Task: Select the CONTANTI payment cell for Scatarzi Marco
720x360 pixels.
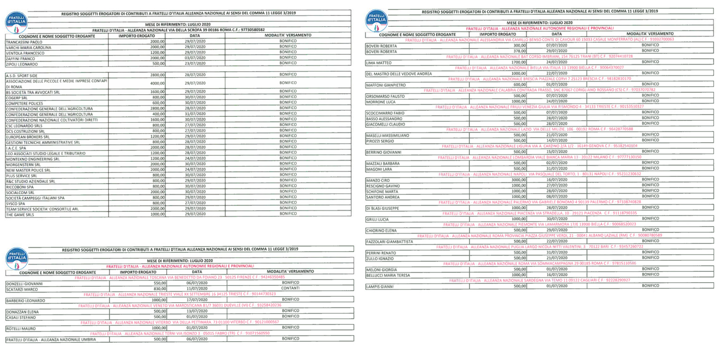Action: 290,289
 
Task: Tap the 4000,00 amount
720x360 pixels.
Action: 157,83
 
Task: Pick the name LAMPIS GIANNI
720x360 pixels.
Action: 380,286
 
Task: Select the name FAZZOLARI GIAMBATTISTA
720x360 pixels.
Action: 389,241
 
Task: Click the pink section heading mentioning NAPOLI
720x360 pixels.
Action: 540,174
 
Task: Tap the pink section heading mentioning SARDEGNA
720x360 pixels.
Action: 540,280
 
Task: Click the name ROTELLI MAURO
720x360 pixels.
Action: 22,329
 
